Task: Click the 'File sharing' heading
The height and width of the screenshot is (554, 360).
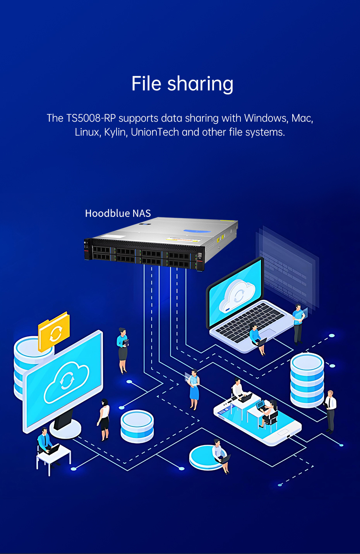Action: tap(182, 84)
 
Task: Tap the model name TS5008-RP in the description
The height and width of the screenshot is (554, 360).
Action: tap(91, 118)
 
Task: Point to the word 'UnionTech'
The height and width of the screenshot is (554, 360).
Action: tap(155, 132)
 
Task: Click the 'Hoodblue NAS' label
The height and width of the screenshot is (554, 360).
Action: tap(118, 213)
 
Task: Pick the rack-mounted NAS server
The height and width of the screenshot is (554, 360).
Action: tap(161, 243)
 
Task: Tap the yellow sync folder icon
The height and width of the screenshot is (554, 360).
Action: tap(54, 331)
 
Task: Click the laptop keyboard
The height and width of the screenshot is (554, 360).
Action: tap(250, 322)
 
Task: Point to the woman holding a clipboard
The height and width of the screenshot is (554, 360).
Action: tap(123, 351)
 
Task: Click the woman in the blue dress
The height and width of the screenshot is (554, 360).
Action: tap(194, 389)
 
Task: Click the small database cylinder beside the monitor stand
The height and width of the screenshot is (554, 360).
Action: tap(137, 426)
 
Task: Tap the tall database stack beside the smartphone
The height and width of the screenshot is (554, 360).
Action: tap(307, 380)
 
